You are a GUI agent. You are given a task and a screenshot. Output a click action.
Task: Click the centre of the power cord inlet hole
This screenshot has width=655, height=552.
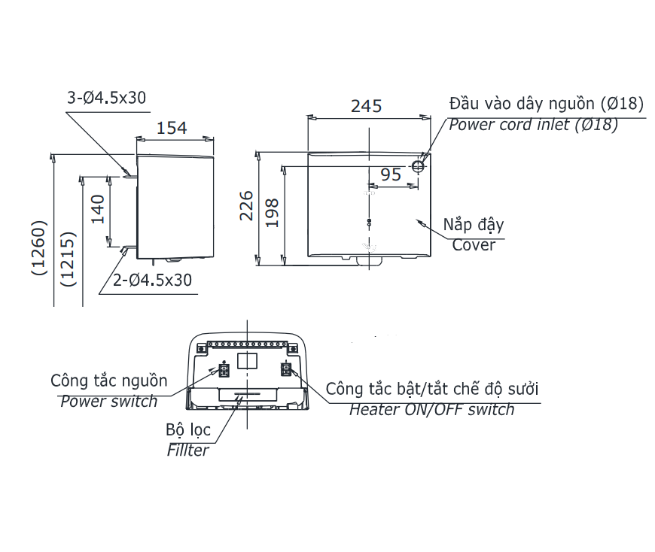(x=418, y=166)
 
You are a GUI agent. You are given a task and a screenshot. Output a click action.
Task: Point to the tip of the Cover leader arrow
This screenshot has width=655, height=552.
(x=417, y=220)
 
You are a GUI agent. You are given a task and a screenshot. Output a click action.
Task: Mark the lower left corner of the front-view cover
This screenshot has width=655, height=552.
(x=308, y=256)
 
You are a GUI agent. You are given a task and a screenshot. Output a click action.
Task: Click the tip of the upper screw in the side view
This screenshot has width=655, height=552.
(x=123, y=177)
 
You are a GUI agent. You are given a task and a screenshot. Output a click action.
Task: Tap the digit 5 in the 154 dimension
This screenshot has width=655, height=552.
(x=171, y=128)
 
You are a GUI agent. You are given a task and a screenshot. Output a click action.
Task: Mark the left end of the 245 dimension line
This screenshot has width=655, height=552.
(x=308, y=118)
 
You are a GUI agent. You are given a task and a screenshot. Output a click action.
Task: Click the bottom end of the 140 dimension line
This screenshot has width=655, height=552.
(x=109, y=247)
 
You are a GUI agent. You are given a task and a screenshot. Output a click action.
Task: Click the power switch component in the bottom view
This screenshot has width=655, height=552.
(x=224, y=370)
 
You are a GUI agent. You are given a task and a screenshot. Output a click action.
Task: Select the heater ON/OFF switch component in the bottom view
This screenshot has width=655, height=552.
(x=285, y=369)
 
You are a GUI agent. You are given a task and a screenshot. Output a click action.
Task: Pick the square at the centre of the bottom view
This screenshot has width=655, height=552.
(x=247, y=360)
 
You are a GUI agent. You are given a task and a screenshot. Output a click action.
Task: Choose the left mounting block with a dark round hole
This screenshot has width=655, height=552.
(x=201, y=348)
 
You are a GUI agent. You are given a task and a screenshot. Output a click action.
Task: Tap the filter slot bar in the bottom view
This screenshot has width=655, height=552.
(x=246, y=394)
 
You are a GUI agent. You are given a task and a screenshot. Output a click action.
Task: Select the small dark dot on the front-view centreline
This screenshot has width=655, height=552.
(x=369, y=220)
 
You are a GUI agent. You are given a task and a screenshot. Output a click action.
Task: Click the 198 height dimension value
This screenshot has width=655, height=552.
(x=272, y=213)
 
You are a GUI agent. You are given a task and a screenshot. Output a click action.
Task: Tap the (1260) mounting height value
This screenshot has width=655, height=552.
(x=39, y=248)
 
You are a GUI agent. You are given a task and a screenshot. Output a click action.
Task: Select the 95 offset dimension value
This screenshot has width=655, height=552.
(x=391, y=174)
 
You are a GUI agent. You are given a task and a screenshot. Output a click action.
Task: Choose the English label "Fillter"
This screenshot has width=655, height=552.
(x=187, y=450)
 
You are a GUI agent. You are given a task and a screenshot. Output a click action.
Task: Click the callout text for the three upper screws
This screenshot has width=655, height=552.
(x=106, y=98)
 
